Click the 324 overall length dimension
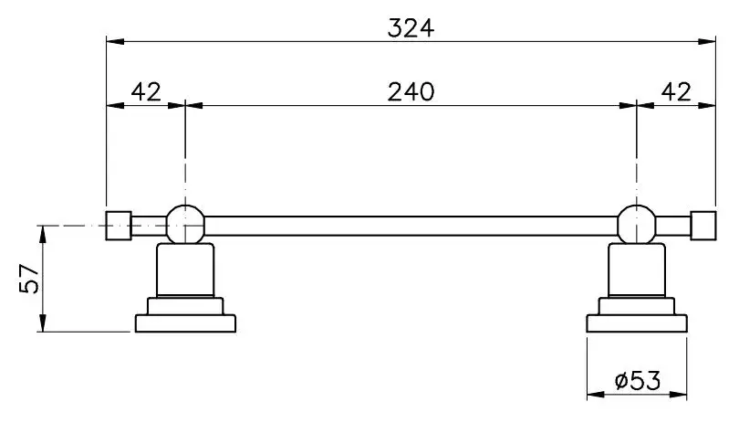411,27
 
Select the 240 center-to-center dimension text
411,91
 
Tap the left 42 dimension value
146,91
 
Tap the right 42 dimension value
676,91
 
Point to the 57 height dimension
29,279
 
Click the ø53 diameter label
638,380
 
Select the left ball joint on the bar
186,225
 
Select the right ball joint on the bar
637,225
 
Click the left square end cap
119,226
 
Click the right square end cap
703,226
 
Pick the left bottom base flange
185,323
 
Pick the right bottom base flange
637,323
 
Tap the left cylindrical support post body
185,270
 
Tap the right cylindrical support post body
637,270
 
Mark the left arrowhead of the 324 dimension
115,41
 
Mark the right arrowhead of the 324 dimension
707,41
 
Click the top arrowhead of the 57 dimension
43,235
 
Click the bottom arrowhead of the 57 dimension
43,323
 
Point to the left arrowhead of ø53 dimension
596,395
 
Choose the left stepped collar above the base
185,306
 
